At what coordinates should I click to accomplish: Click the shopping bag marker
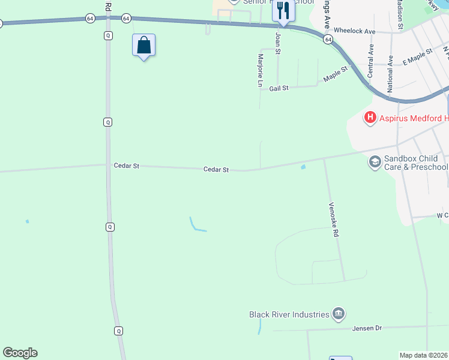tap(144, 46)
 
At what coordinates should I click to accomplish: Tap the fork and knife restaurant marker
tap(283, 11)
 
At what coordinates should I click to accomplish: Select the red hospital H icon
tap(370, 118)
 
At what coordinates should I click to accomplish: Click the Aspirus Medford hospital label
tap(414, 119)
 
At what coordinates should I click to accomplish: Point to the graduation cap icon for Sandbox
tap(375, 162)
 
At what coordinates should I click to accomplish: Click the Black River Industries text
tap(289, 314)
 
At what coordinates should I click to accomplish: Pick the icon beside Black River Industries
tap(339, 314)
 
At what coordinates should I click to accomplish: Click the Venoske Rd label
tap(333, 220)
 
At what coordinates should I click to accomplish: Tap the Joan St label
tap(278, 43)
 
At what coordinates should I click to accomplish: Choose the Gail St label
tap(279, 88)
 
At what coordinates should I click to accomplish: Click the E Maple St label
tap(418, 58)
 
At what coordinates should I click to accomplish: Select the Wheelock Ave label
tap(354, 31)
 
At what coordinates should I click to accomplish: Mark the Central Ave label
tap(371, 60)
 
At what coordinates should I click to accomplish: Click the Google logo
tap(20, 353)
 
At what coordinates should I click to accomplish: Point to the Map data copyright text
tap(424, 355)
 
